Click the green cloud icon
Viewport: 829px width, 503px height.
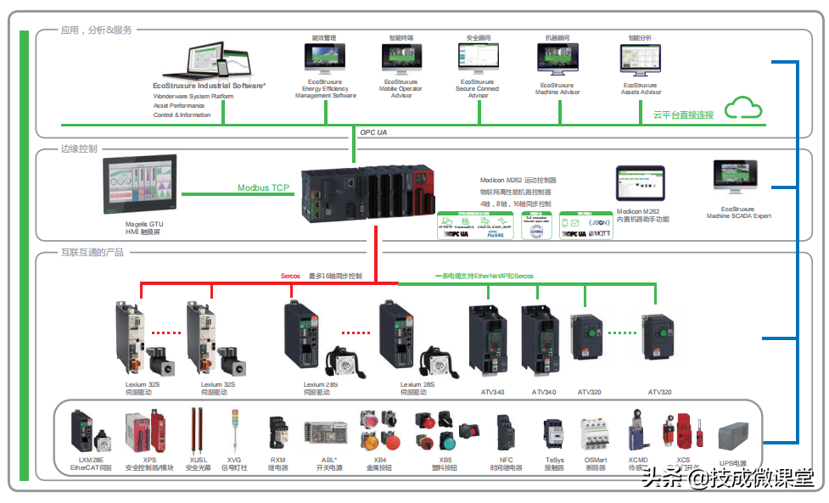[x=743, y=108]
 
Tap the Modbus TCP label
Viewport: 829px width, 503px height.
[x=263, y=187]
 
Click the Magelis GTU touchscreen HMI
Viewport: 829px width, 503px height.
[x=140, y=186]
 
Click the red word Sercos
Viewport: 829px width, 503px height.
[x=290, y=276]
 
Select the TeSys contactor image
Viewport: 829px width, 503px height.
[x=554, y=433]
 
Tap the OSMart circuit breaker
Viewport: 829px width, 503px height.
[x=595, y=433]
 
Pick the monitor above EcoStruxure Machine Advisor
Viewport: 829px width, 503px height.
[x=557, y=60]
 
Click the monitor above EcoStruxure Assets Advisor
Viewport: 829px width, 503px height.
[x=641, y=60]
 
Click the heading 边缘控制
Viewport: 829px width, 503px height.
[x=78, y=148]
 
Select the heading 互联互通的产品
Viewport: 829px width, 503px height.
[x=92, y=252]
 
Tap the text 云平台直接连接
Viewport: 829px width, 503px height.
[x=683, y=115]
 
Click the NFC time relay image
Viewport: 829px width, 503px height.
[x=506, y=432]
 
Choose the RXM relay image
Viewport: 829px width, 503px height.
[x=277, y=431]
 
